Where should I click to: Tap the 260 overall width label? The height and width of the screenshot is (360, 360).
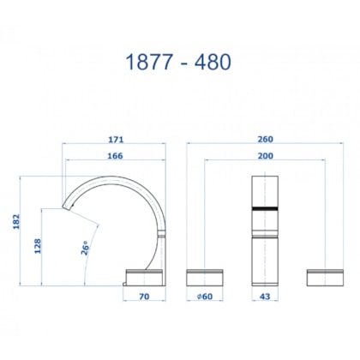[265, 141]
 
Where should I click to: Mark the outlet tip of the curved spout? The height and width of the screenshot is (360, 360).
[67, 207]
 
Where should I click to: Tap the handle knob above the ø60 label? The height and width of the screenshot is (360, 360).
[204, 276]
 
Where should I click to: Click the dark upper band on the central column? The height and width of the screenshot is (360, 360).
[265, 208]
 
